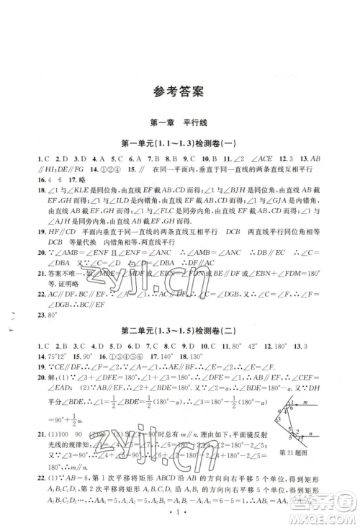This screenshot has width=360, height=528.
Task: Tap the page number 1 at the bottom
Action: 179,517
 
